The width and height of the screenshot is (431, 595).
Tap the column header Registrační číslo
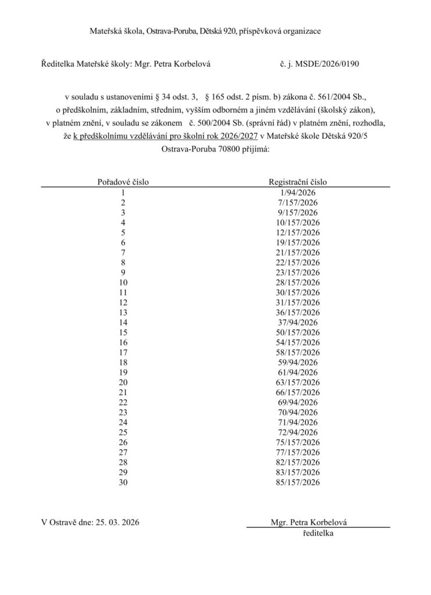coord(298,182)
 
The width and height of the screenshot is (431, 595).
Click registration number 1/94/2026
coord(298,192)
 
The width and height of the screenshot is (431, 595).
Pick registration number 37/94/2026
coord(298,322)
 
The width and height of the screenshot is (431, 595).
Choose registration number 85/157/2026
coord(298,482)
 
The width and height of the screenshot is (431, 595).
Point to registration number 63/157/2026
coord(298,382)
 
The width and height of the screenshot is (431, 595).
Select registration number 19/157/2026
coord(298,242)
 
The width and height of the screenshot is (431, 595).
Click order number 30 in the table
coord(122,482)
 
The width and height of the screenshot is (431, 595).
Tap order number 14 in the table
coord(122,322)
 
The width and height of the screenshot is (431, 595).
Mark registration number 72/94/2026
coord(298,432)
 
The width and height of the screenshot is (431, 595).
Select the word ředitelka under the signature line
coord(318,533)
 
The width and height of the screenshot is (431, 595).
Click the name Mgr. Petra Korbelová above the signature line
coord(312,522)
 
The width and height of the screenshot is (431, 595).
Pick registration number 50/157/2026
coord(298,332)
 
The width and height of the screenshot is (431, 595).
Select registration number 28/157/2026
coord(298,282)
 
